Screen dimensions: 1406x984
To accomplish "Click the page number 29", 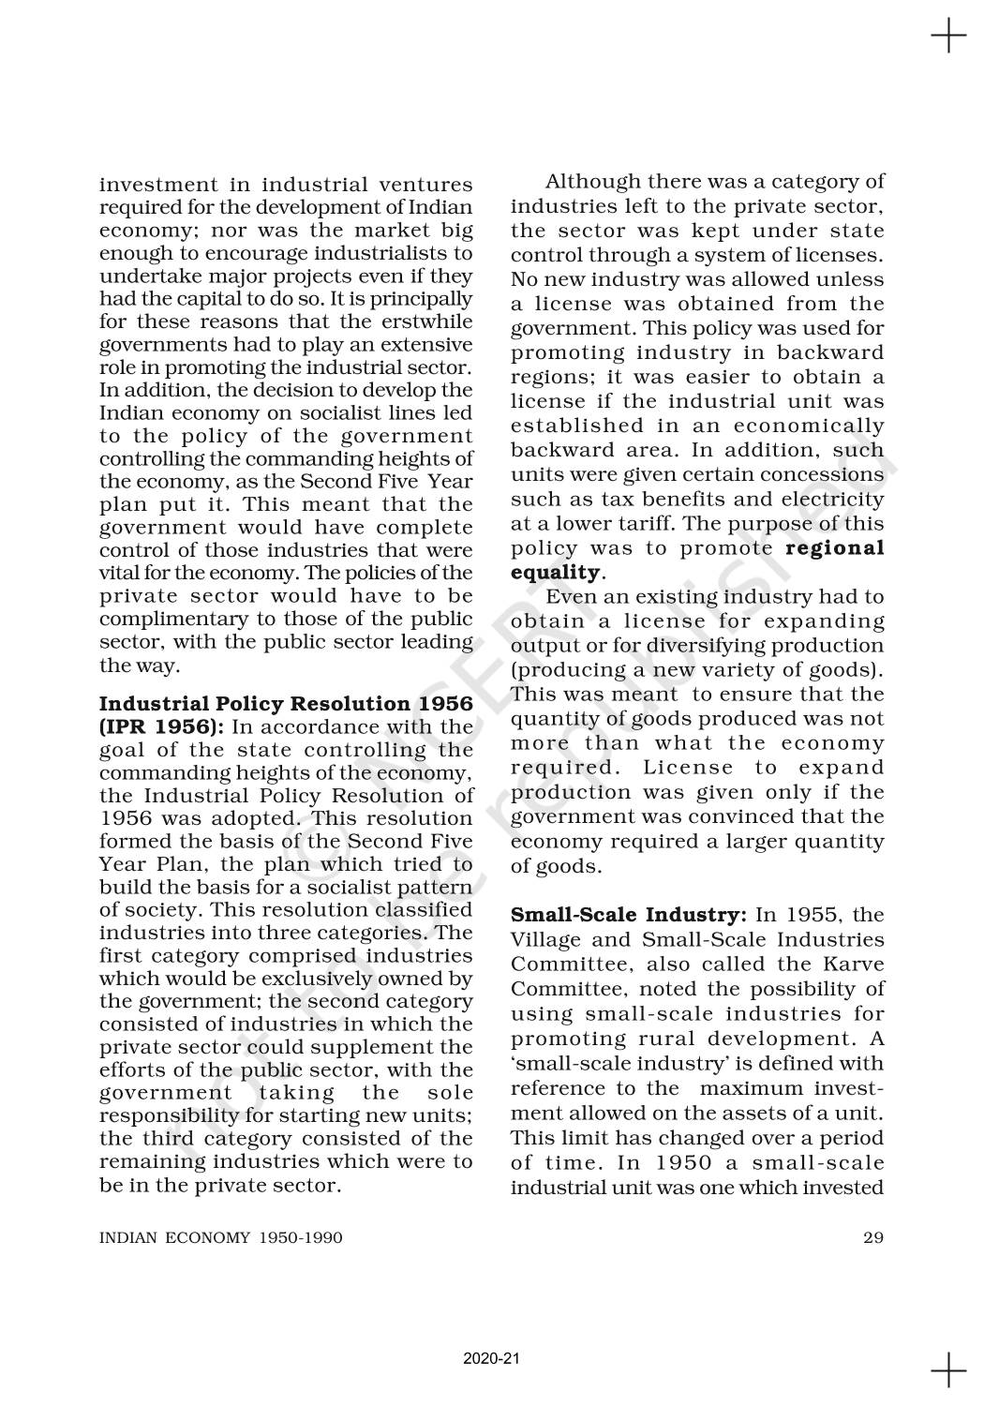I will (872, 1237).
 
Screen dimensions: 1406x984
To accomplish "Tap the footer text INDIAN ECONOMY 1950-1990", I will (221, 1237).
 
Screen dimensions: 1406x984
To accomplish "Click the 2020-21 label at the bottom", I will (491, 1358).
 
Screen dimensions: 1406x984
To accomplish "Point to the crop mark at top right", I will (948, 37).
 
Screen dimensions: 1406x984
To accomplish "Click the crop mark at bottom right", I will (948, 1369).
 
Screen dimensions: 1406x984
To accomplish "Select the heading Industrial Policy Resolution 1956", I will (286, 704).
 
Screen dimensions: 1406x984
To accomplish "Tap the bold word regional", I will (834, 548).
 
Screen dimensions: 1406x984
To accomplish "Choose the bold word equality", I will (555, 573).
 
